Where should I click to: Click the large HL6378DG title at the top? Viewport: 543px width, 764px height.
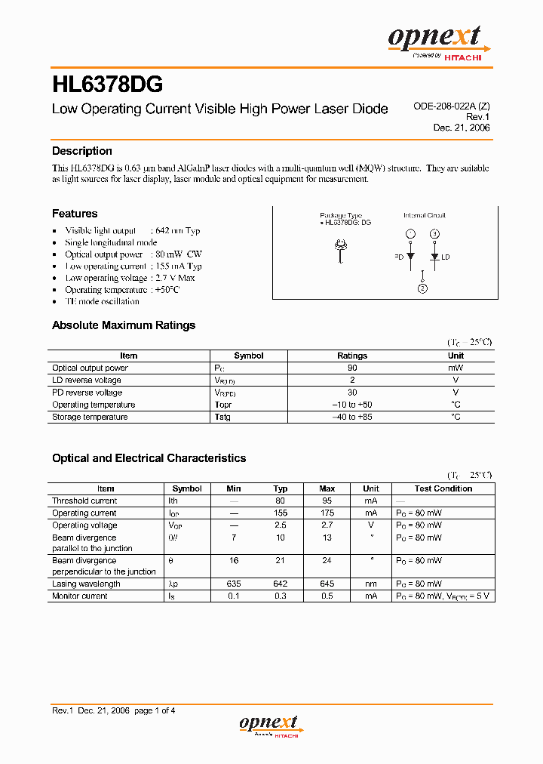pos(107,82)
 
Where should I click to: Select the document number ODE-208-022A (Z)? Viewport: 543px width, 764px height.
pos(452,107)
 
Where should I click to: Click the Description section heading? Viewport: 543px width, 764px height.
pos(82,151)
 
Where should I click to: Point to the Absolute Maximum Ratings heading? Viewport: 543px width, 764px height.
pos(124,325)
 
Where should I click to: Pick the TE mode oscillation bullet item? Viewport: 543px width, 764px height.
pos(102,301)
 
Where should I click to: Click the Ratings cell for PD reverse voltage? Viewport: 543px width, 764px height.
pos(352,393)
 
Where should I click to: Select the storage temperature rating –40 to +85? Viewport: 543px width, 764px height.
pos(352,417)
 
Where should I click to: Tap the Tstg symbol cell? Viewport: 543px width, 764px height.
pos(222,417)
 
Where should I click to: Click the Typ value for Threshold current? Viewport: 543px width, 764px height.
pos(281,501)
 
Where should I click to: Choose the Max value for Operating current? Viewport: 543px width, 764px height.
pos(327,513)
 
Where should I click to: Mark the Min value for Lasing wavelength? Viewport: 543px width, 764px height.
pos(234,584)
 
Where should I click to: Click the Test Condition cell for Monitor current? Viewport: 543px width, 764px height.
pos(443,596)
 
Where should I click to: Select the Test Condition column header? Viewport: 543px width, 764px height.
pos(443,488)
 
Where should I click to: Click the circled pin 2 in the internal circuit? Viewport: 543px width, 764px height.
pos(422,288)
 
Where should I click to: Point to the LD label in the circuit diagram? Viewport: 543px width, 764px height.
pos(446,257)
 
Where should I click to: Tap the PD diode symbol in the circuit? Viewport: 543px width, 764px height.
pos(410,257)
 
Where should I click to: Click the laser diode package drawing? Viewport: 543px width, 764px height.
pos(341,248)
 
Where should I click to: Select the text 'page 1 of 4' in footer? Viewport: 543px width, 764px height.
pos(155,710)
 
